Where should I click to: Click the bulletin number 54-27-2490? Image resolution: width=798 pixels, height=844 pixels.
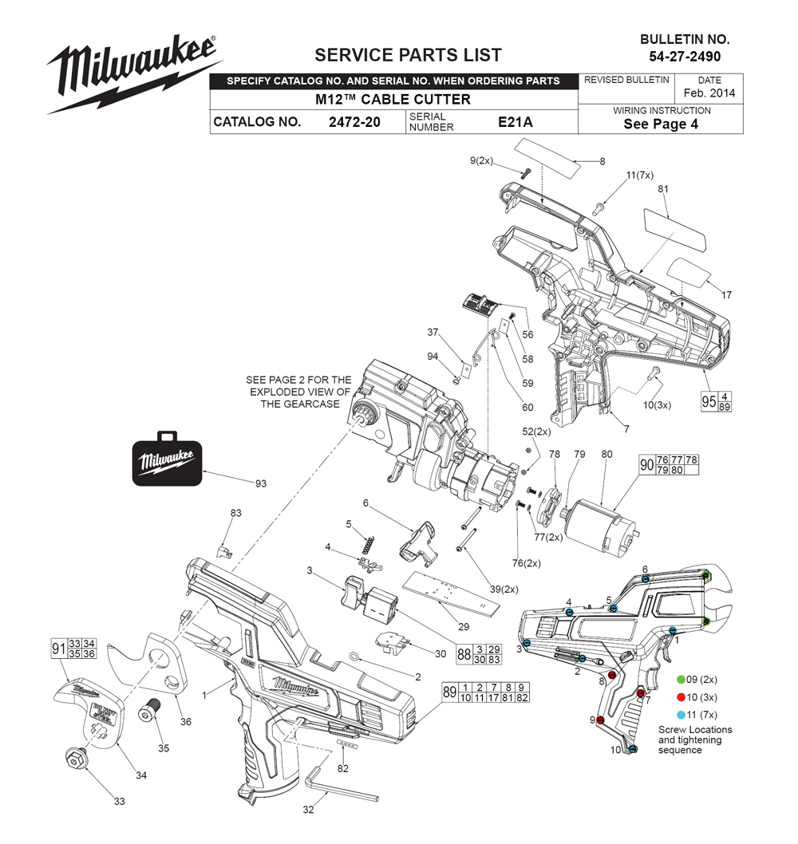coord(685,57)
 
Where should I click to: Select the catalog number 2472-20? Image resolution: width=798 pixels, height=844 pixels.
coord(354,122)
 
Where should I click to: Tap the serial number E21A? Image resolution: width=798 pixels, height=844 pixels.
coord(516,122)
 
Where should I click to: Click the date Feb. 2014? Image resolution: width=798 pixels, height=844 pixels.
coord(709,93)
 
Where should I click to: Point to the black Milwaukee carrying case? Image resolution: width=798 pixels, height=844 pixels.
coord(167,459)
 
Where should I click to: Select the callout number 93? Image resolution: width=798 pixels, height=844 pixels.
coord(261,483)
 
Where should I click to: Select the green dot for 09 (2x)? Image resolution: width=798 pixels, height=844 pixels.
coord(681,680)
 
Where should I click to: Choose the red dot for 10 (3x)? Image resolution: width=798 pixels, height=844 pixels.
coord(681,697)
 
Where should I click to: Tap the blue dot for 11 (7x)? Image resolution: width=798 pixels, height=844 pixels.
coord(681,715)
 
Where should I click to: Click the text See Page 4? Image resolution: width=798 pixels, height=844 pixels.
coord(661,124)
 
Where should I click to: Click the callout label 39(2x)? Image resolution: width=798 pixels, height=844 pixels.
coord(504,590)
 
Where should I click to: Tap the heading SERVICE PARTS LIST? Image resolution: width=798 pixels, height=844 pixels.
coord(408,55)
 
